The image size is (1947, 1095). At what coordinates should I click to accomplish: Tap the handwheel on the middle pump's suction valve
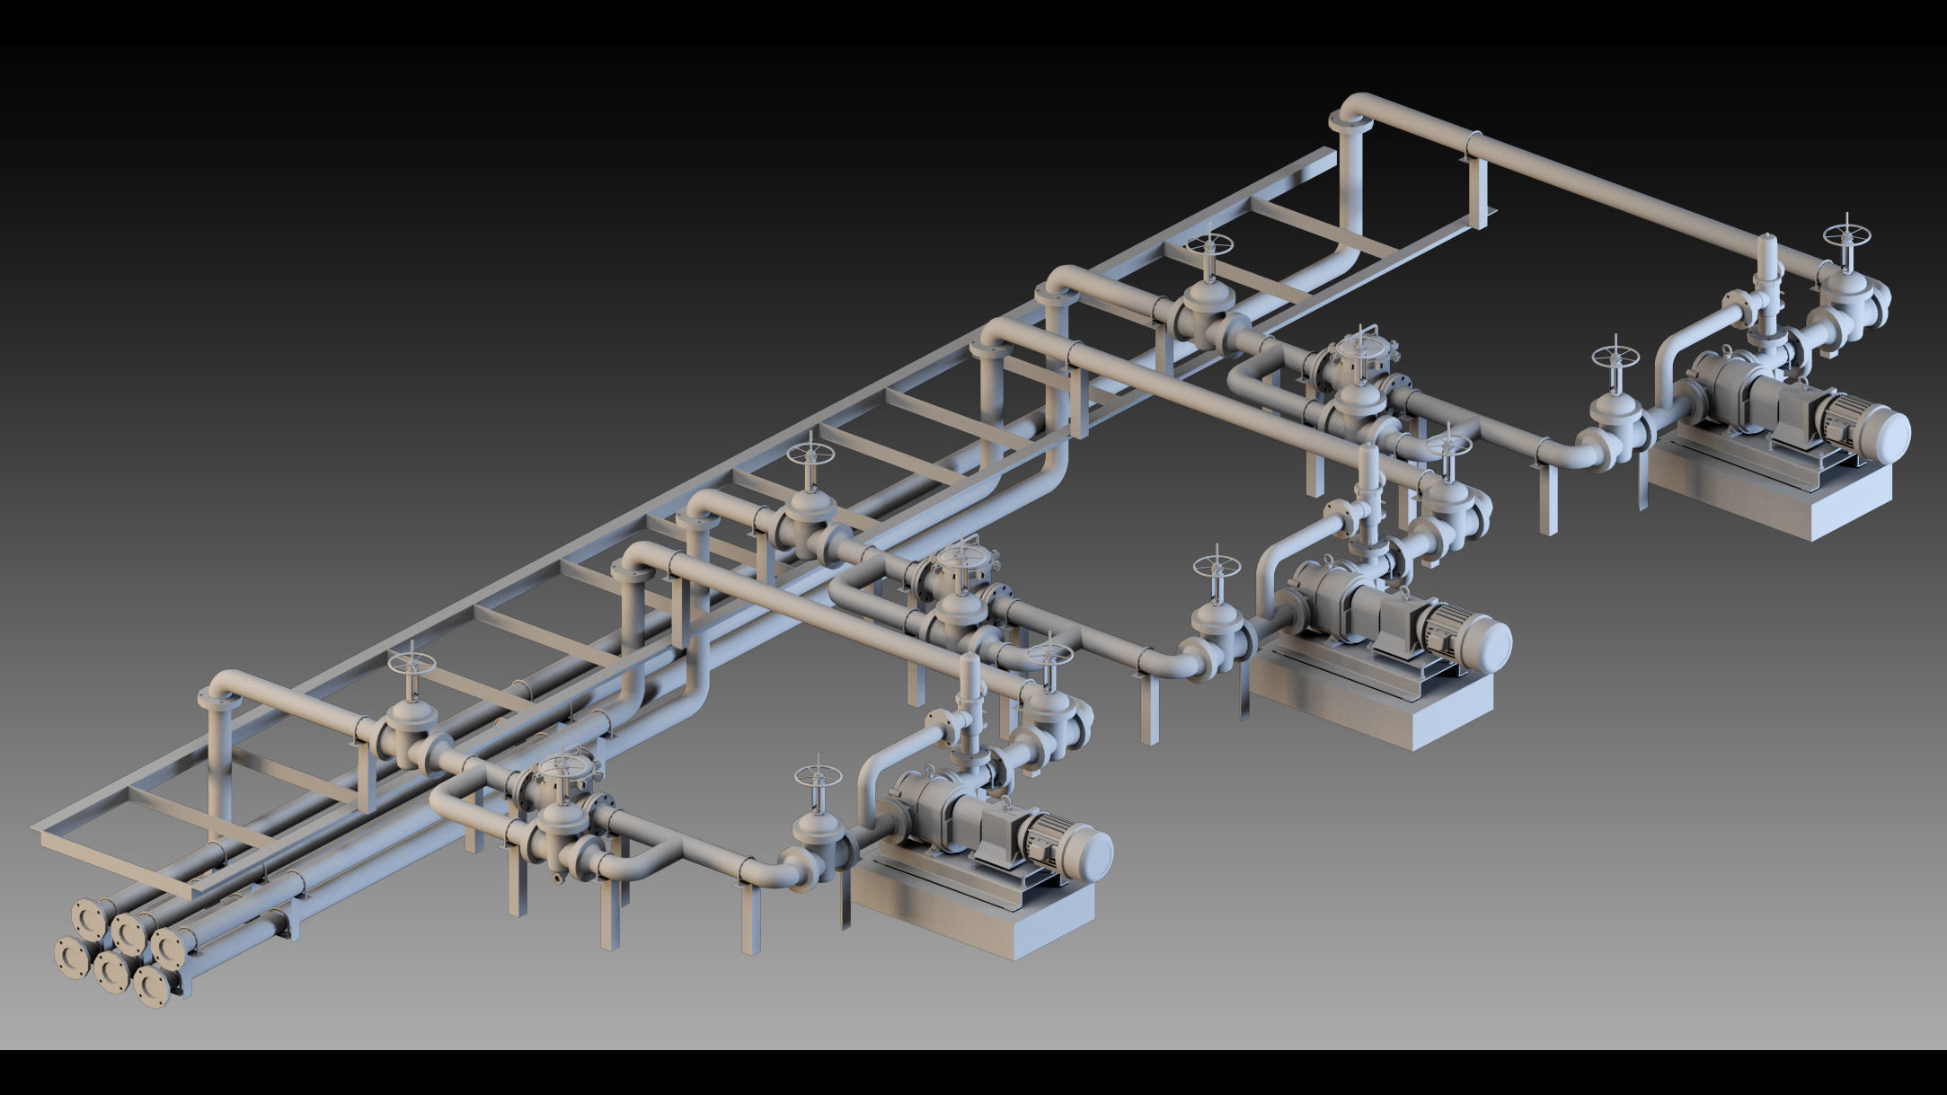pos(1217,566)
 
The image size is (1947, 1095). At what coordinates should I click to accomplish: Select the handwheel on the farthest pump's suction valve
pos(1615,356)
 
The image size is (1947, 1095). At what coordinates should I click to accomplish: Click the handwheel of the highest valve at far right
pos(1846,236)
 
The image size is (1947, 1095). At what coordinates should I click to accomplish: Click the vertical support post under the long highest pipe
pos(1477,193)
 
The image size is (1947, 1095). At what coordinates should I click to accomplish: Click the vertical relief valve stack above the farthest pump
pos(1766,296)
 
